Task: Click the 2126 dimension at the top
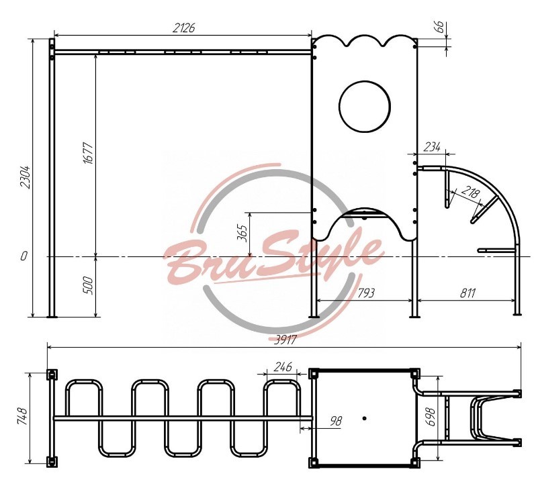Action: pos(183,28)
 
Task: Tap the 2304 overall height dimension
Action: pos(26,177)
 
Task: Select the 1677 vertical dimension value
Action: pos(88,153)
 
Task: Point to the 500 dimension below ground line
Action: pos(87,285)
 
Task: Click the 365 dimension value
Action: pos(242,233)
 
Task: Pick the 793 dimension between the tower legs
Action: pos(366,293)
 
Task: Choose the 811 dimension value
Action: pos(468,293)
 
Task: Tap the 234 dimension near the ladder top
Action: pos(432,147)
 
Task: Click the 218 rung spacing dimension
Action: pos(470,193)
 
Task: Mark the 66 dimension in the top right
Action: pos(440,27)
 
